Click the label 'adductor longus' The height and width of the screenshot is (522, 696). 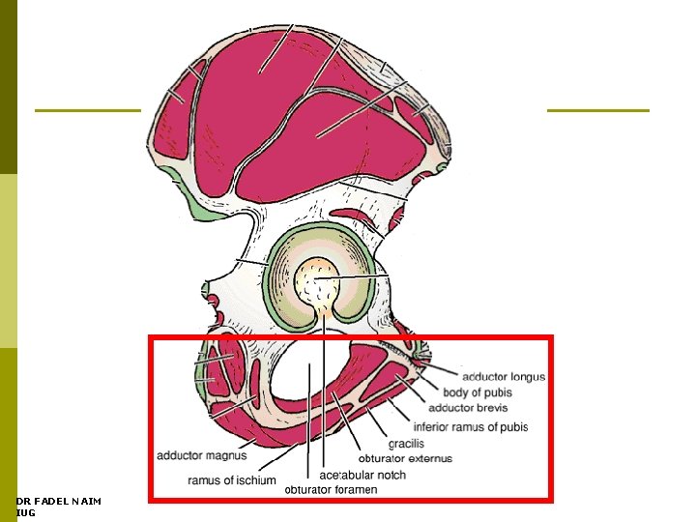503,377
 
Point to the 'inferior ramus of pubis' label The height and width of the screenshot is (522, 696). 470,427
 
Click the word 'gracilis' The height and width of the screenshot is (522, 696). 407,444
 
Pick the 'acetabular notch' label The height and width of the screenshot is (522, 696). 362,475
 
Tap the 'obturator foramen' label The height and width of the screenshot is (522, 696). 331,489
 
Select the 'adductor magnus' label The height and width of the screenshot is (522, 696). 202,454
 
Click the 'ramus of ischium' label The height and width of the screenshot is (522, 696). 232,480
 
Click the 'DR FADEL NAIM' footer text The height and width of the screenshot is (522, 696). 59,501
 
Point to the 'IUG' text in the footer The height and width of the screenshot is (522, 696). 26,512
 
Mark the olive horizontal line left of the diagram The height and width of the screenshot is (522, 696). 87,110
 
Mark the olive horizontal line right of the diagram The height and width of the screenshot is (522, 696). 597,110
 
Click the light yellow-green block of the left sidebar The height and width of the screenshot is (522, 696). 8,261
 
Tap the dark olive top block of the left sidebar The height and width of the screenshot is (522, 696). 8,87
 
